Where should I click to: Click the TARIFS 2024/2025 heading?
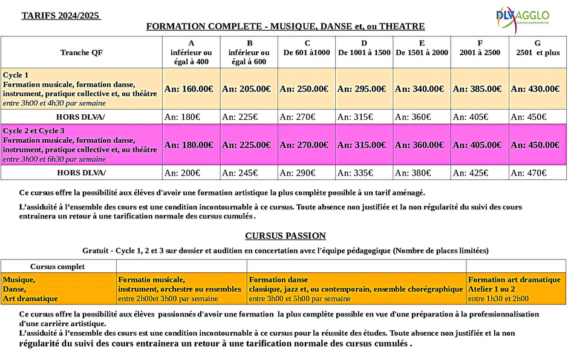click(x=61, y=15)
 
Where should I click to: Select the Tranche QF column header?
click(x=82, y=53)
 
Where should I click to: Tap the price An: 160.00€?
click(x=189, y=89)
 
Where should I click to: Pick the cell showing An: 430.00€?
click(x=535, y=89)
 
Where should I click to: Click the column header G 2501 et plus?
click(x=537, y=48)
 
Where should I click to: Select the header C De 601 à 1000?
click(x=307, y=48)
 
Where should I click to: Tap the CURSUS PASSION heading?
click(x=285, y=236)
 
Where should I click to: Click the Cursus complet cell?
click(x=57, y=266)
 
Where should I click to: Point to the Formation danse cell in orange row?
click(x=356, y=289)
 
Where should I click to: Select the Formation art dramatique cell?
click(x=515, y=289)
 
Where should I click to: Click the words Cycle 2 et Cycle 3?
click(x=34, y=131)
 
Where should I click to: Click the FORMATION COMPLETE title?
click(x=285, y=27)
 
